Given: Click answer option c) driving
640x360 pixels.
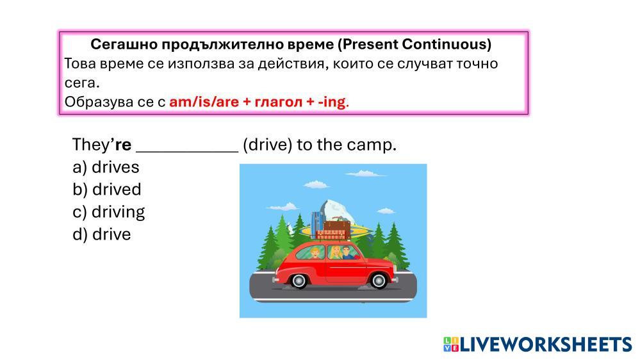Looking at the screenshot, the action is tap(108, 212).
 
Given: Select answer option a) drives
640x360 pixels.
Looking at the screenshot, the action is tap(106, 167).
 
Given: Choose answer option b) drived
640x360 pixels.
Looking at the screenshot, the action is tap(107, 190).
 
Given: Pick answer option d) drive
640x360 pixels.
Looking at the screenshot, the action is tap(102, 234).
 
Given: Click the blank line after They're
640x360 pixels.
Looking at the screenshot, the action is tap(187, 152).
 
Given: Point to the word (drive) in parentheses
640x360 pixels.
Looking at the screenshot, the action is tap(268, 145).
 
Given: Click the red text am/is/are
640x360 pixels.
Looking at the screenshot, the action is tap(204, 101).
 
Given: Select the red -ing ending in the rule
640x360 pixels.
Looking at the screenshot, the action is tap(331, 102).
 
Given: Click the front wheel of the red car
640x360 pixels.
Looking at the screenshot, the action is tap(379, 280).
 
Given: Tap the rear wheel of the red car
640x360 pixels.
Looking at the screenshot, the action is tap(299, 280).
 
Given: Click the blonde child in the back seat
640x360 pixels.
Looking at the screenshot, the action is tap(315, 253).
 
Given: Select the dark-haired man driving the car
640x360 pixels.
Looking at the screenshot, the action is tap(347, 252).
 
